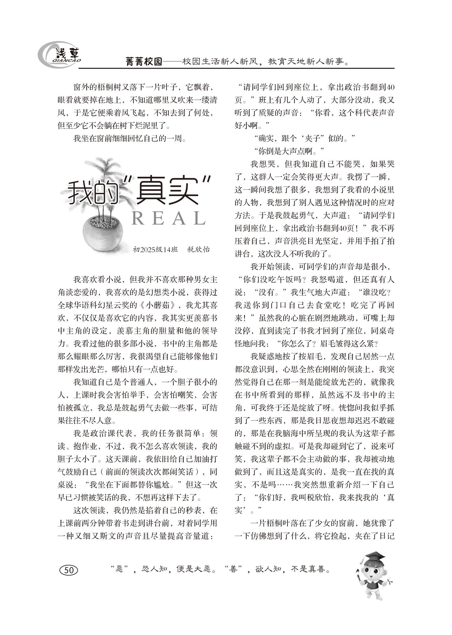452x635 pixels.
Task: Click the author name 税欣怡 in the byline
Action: [199, 249]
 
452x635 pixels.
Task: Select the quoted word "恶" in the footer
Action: [120, 569]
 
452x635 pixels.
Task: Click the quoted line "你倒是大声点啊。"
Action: [289, 151]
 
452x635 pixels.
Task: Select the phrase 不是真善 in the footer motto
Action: [310, 569]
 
